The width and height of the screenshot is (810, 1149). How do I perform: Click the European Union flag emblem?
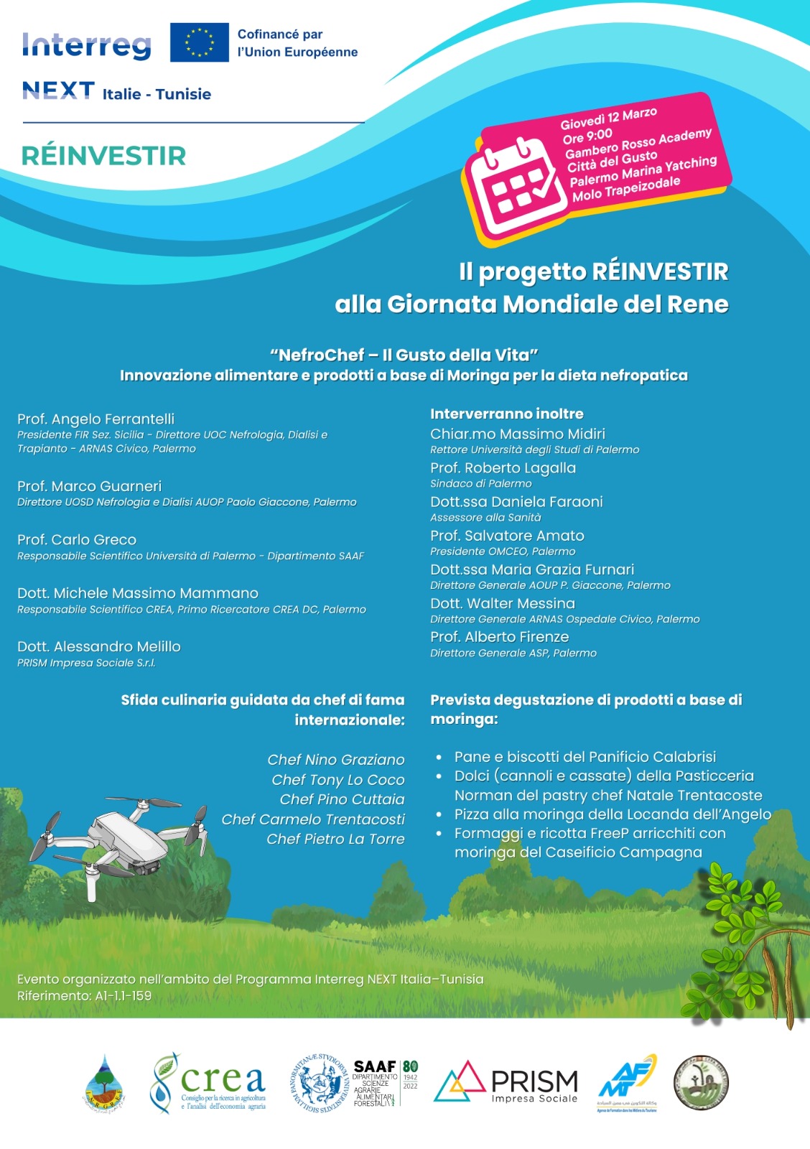(200, 42)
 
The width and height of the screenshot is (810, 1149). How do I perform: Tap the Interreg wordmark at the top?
(87, 45)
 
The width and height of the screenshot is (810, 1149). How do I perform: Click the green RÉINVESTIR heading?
(104, 156)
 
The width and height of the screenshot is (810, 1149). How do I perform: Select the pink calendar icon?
(511, 187)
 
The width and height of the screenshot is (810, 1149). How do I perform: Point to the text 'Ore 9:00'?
(587, 136)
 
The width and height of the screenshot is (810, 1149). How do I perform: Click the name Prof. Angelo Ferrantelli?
(96, 419)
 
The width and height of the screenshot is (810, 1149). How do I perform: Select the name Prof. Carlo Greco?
(77, 540)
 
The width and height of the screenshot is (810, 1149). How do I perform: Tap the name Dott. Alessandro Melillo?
(99, 647)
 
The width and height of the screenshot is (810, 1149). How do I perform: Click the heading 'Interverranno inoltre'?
(507, 414)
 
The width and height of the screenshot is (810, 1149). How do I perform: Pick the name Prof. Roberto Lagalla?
(503, 468)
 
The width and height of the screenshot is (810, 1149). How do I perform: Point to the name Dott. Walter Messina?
(503, 604)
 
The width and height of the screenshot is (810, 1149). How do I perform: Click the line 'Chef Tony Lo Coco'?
(338, 780)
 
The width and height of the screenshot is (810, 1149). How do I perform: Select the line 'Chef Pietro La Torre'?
(335, 839)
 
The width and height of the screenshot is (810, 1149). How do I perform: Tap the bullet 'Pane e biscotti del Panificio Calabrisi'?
(585, 757)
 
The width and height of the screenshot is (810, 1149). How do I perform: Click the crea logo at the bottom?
(208, 1084)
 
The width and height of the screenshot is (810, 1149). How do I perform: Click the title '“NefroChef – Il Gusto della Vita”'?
(404, 355)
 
